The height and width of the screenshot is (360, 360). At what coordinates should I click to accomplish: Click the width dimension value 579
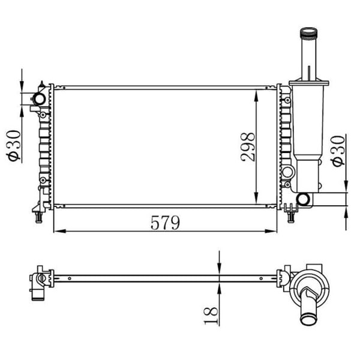coord(165,223)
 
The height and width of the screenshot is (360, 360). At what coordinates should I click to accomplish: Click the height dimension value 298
coord(248,147)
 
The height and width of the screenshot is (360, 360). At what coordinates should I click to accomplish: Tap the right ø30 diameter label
coord(337,150)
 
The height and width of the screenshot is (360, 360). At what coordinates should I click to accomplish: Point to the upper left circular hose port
coord(39,98)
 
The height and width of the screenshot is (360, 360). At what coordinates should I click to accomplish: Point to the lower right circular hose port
coord(303,199)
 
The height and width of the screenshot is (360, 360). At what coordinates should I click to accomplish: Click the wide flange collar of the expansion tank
coord(308,85)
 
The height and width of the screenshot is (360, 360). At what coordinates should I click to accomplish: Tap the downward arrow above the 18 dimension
coord(220,269)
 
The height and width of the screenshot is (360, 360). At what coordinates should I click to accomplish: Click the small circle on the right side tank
coord(287,173)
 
